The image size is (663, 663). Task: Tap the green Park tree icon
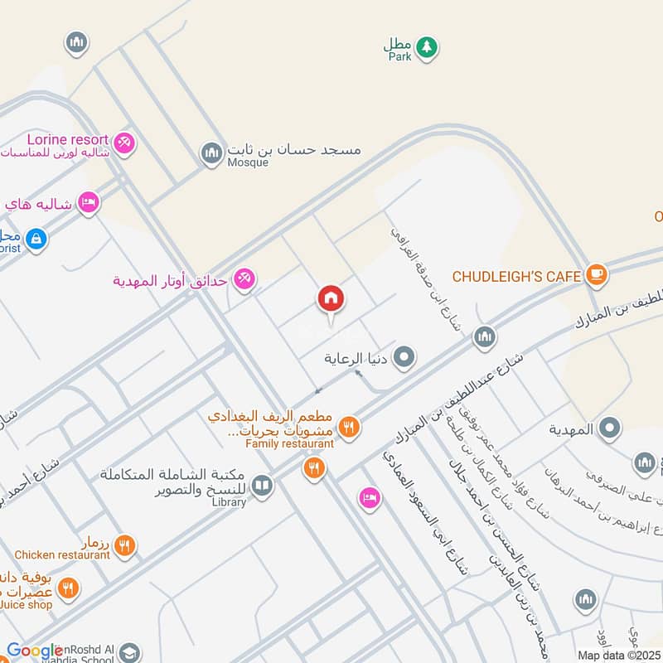tap(426, 47)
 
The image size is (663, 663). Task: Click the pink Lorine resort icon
tap(124, 143)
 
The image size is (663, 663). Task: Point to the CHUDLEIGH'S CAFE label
tap(516, 276)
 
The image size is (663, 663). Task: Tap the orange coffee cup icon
tap(595, 273)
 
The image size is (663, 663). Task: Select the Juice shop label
tap(27, 605)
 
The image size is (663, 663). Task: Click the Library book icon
tap(262, 485)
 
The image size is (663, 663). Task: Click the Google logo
tap(35, 651)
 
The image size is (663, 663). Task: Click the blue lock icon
tap(35, 240)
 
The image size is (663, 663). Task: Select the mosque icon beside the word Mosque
tap(211, 152)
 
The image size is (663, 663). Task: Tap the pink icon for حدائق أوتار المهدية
tap(244, 279)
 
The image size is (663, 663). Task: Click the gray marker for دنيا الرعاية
tap(404, 358)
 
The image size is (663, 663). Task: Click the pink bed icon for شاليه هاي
tap(89, 202)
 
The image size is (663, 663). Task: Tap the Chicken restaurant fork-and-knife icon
tap(124, 545)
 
